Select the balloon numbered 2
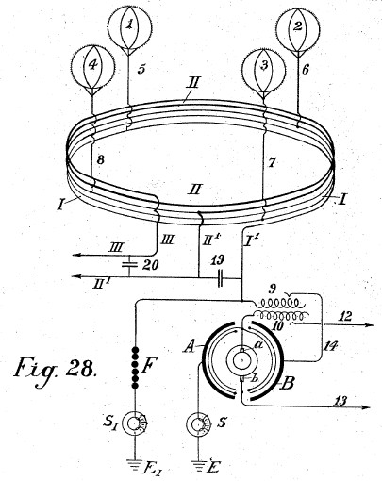pos(297,27)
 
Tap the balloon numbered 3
pos(263,69)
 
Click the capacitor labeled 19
pos(221,277)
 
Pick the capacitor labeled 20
pos(129,265)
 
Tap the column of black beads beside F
pos(135,367)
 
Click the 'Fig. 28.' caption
pos(54,369)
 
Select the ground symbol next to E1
pos(135,463)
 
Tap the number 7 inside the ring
pos(273,163)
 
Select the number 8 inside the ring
pos(100,160)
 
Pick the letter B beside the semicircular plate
pos(288,384)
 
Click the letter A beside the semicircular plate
pos(190,347)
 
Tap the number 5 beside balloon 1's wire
pos(141,69)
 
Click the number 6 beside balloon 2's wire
pos(305,70)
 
